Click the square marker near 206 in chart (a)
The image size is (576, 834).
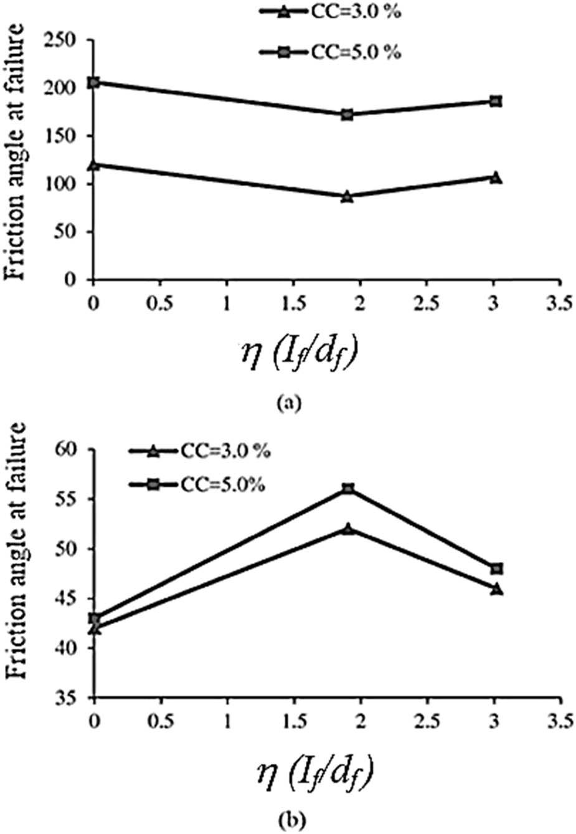(x=94, y=82)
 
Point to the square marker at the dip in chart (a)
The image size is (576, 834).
(x=347, y=115)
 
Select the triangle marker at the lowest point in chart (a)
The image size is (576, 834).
(x=347, y=197)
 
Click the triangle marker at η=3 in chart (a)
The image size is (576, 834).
(x=496, y=178)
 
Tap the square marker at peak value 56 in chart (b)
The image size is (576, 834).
(x=348, y=489)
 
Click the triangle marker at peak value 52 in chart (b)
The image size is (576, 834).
(x=348, y=529)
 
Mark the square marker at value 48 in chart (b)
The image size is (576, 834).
(x=496, y=569)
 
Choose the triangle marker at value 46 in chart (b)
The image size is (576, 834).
(x=496, y=589)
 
